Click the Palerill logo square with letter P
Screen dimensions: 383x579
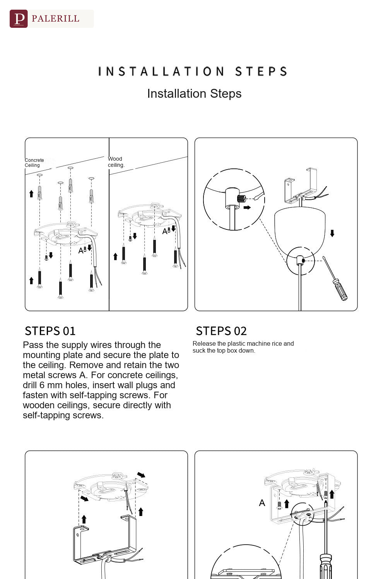[19, 19]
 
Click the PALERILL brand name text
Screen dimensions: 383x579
[55, 19]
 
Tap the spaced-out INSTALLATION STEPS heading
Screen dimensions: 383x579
[193, 71]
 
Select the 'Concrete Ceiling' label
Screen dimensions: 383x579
[34, 163]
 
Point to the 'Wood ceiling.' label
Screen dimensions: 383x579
[116, 162]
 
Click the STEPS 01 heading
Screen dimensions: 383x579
[50, 331]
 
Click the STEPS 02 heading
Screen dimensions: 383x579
[221, 331]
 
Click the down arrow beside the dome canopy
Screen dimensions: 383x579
[332, 233]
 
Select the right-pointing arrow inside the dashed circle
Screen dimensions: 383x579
[247, 207]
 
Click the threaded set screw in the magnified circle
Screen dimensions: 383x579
[241, 199]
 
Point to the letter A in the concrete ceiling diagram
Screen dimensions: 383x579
[81, 251]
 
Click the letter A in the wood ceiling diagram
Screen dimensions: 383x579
[165, 232]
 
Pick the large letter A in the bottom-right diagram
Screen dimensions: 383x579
[262, 503]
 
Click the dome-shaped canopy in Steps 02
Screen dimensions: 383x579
[299, 230]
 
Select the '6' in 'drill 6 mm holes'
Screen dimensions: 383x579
[42, 385]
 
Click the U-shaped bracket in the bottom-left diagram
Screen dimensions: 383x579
[104, 540]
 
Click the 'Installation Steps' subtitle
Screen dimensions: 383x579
[194, 93]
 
